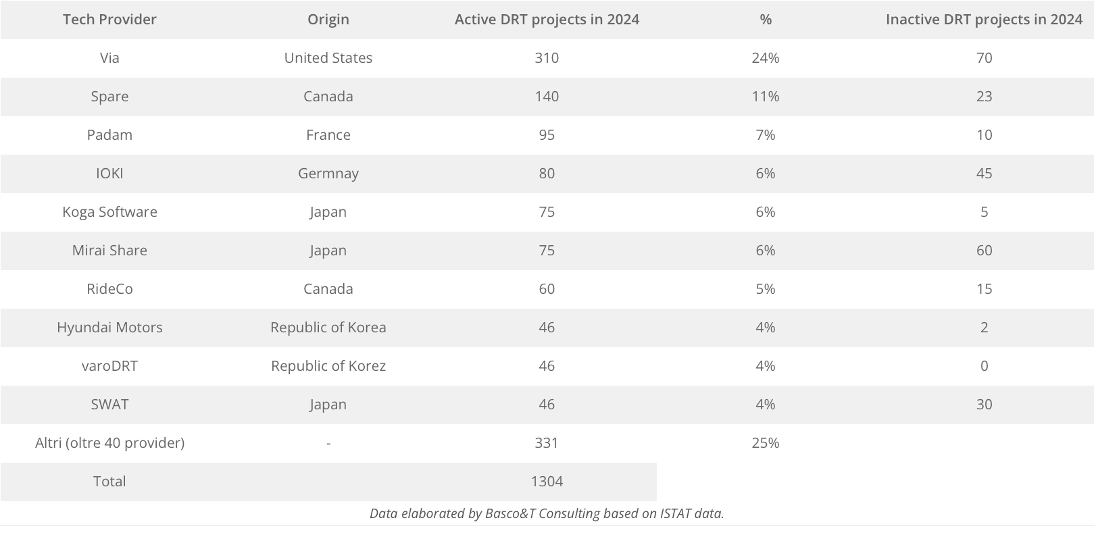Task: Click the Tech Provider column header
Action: click(109, 20)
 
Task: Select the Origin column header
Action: click(328, 20)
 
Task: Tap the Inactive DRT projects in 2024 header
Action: click(984, 20)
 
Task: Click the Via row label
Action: click(109, 58)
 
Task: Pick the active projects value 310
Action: click(547, 58)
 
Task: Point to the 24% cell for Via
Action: click(765, 58)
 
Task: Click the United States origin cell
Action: click(328, 58)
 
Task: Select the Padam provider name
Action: click(109, 135)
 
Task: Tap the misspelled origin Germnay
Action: click(328, 174)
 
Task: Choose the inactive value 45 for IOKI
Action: click(984, 174)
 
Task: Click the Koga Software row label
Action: click(109, 212)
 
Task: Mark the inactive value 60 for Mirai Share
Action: click(984, 251)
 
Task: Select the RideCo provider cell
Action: click(109, 289)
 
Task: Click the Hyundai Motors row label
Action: click(109, 328)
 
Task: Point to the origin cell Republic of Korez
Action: click(328, 366)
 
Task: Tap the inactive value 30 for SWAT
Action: click(984, 405)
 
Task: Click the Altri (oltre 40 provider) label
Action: click(109, 443)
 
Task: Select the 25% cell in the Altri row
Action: click(765, 443)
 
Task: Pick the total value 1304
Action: click(547, 482)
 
